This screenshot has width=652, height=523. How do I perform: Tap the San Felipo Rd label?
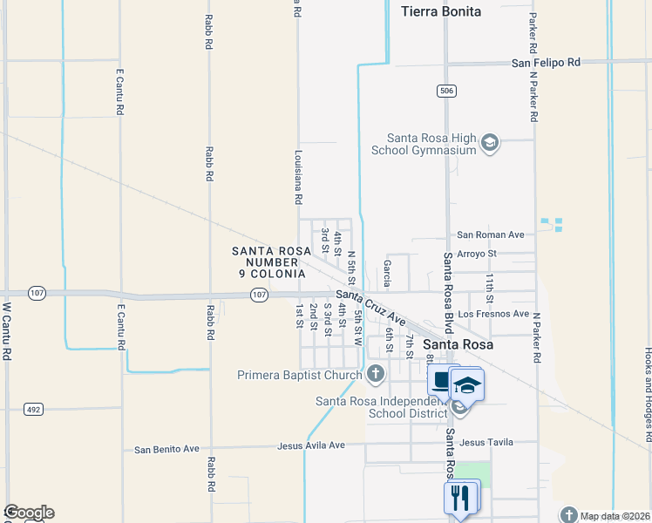[546, 63]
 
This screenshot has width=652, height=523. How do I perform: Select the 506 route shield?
[445, 91]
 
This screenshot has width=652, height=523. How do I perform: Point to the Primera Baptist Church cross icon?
[376, 375]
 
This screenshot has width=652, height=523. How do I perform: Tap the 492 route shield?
[34, 408]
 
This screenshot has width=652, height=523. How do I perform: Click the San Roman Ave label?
[491, 235]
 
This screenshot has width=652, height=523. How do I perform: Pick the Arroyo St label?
[476, 254]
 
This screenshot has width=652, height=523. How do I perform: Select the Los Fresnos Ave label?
[493, 314]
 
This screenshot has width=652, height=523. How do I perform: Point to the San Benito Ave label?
[167, 450]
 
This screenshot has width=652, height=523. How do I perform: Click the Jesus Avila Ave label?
[311, 445]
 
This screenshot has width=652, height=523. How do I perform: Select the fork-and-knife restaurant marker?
[459, 498]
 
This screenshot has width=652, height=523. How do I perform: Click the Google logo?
[29, 513]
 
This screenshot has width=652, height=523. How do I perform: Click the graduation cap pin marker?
[466, 385]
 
